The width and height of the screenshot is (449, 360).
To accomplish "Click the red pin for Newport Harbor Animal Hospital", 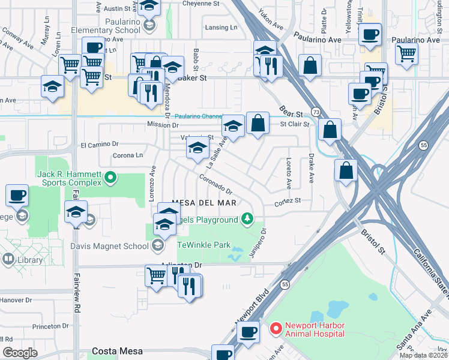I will coord(276,328).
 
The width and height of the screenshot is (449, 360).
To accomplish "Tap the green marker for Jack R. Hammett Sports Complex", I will coord(110,177).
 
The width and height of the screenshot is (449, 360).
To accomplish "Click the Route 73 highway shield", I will coord(315,113).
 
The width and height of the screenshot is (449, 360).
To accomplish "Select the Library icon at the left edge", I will coord(8,259).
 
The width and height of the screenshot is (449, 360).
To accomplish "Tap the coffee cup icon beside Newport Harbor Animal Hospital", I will coord(248,332).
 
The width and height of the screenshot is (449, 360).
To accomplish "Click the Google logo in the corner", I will coord(20,353).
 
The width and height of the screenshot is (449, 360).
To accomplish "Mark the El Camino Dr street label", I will coord(100,145).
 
